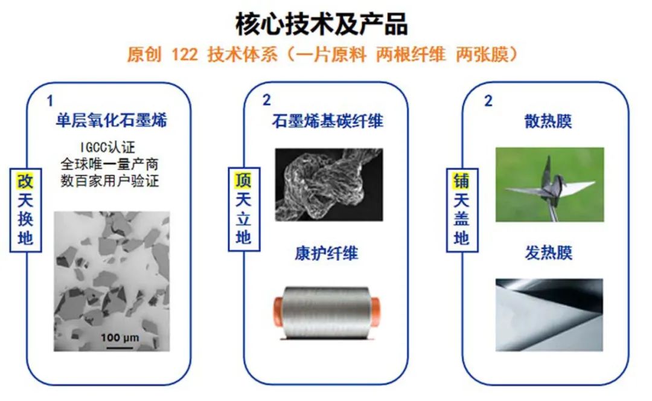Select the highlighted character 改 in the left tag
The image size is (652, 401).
[25, 181]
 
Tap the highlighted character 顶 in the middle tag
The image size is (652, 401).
[243, 180]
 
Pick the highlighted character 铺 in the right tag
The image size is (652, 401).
[461, 181]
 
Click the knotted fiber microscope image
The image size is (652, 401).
[328, 184]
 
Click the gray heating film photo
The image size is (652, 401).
[549, 314]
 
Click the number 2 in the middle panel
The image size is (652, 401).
[267, 100]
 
